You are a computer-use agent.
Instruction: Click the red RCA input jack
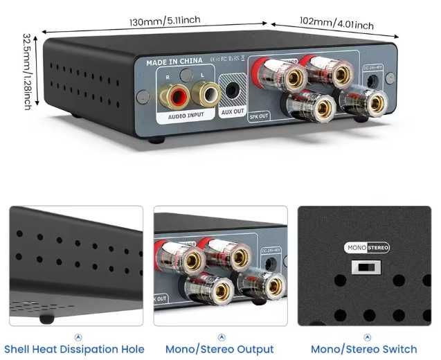pyautogui.click(x=169, y=93)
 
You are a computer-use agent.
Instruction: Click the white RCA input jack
pyautogui.click(x=202, y=91)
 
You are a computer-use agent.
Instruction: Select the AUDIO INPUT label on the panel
pyautogui.click(x=186, y=116)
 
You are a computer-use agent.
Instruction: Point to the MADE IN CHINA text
pyautogui.click(x=174, y=62)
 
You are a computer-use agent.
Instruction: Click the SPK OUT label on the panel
pyautogui.click(x=258, y=116)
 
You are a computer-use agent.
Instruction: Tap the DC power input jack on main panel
pyautogui.click(x=374, y=81)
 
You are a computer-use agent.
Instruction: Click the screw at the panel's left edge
pyautogui.click(x=143, y=96)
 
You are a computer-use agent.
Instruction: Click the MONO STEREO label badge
pyautogui.click(x=367, y=247)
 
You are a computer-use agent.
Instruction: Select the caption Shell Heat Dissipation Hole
pyautogui.click(x=75, y=349)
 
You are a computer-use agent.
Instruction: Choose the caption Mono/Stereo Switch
pyautogui.click(x=364, y=349)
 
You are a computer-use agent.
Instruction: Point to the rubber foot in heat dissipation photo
pyautogui.click(x=47, y=319)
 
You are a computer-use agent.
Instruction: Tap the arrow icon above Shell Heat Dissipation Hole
pyautogui.click(x=77, y=336)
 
